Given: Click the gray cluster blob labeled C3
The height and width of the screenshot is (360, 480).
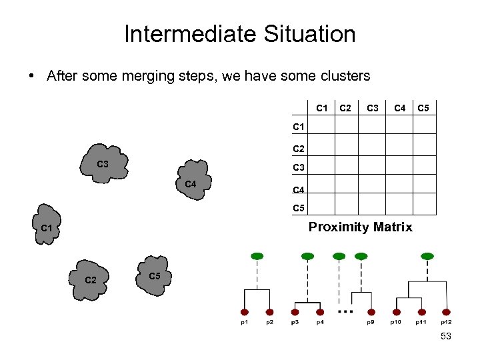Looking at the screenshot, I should pos(103,163).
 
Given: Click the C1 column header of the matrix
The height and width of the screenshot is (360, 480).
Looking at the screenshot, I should pos(322,107).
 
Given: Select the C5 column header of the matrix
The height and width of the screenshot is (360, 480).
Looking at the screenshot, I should pos(423,107).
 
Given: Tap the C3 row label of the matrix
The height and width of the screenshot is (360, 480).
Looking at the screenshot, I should pos(299,167).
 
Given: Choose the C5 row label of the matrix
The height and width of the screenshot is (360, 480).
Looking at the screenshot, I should pos(299,208).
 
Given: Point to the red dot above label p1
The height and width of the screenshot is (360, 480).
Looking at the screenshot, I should pos(245,312).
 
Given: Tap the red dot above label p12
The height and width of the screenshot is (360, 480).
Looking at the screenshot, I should pos(447,312).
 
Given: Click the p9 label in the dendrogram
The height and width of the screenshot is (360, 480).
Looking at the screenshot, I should pos(370,323).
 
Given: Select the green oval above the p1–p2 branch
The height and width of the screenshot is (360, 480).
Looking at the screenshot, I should pos(257,255).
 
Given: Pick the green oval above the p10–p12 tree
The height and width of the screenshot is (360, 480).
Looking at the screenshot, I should pos(427,255).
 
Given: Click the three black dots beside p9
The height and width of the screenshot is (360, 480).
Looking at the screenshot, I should pos(345,311).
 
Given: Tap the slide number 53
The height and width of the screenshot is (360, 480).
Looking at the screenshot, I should pos(446,337).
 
